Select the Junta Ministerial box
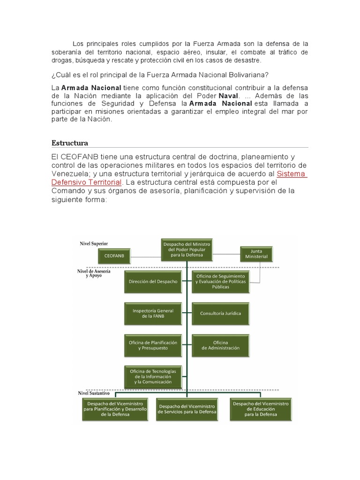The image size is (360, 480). tap(256, 254)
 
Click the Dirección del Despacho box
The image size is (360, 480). tap(153, 281)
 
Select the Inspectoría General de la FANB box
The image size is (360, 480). tap(153, 314)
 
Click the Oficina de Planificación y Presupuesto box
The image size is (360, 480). tap(153, 345)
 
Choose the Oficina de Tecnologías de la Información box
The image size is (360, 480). tap(153, 376)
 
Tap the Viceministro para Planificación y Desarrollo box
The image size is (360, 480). tap(115, 409)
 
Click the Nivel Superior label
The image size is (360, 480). tap(94, 244)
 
